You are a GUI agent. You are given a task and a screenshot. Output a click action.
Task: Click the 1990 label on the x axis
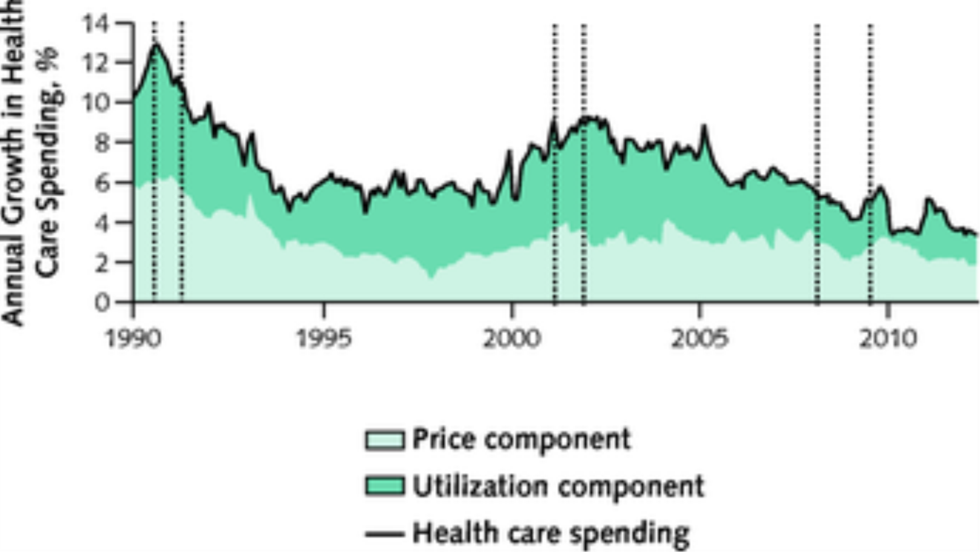[x=134, y=339]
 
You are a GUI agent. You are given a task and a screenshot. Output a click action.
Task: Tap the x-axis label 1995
[x=322, y=339]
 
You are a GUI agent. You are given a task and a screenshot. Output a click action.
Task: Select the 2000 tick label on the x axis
[x=511, y=339]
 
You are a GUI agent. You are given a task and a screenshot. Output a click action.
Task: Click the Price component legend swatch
[x=385, y=440]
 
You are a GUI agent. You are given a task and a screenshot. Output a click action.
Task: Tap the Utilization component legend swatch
[x=385, y=487]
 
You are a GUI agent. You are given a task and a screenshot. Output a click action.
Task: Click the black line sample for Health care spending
[x=385, y=533]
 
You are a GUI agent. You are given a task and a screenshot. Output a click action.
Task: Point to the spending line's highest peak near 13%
[x=156, y=44]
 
